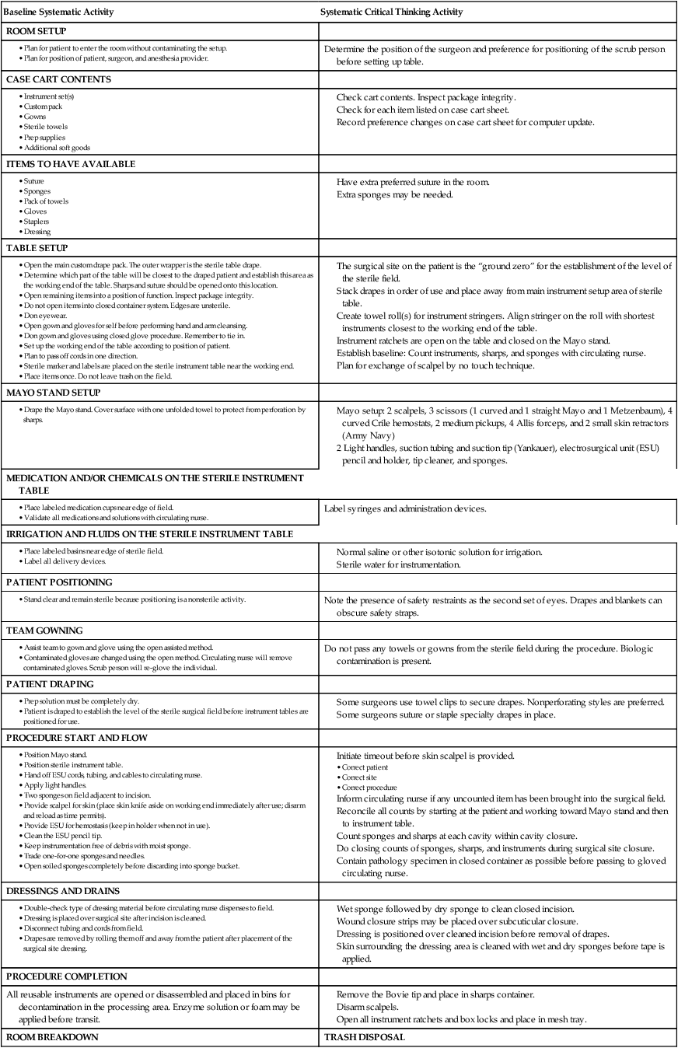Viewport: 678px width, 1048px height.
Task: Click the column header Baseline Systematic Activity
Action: pyautogui.click(x=58, y=12)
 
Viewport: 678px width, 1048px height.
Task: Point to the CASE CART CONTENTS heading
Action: pyautogui.click(x=58, y=79)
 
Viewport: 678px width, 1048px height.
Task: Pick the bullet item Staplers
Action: pyautogui.click(x=36, y=222)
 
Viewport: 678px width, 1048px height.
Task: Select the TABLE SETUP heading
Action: pyautogui.click(x=37, y=248)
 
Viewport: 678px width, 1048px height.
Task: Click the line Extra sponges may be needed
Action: pyautogui.click(x=394, y=194)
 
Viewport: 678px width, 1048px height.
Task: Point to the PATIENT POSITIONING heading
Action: pyautogui.click(x=59, y=582)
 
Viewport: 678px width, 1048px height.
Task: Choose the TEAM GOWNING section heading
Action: pyautogui.click(x=44, y=631)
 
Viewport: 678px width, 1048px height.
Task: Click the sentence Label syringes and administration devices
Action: pyautogui.click(x=405, y=509)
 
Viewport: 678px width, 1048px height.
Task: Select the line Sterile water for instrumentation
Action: pyautogui.click(x=399, y=564)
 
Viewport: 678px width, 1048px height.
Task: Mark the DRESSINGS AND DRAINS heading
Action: pyautogui.click(x=63, y=891)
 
